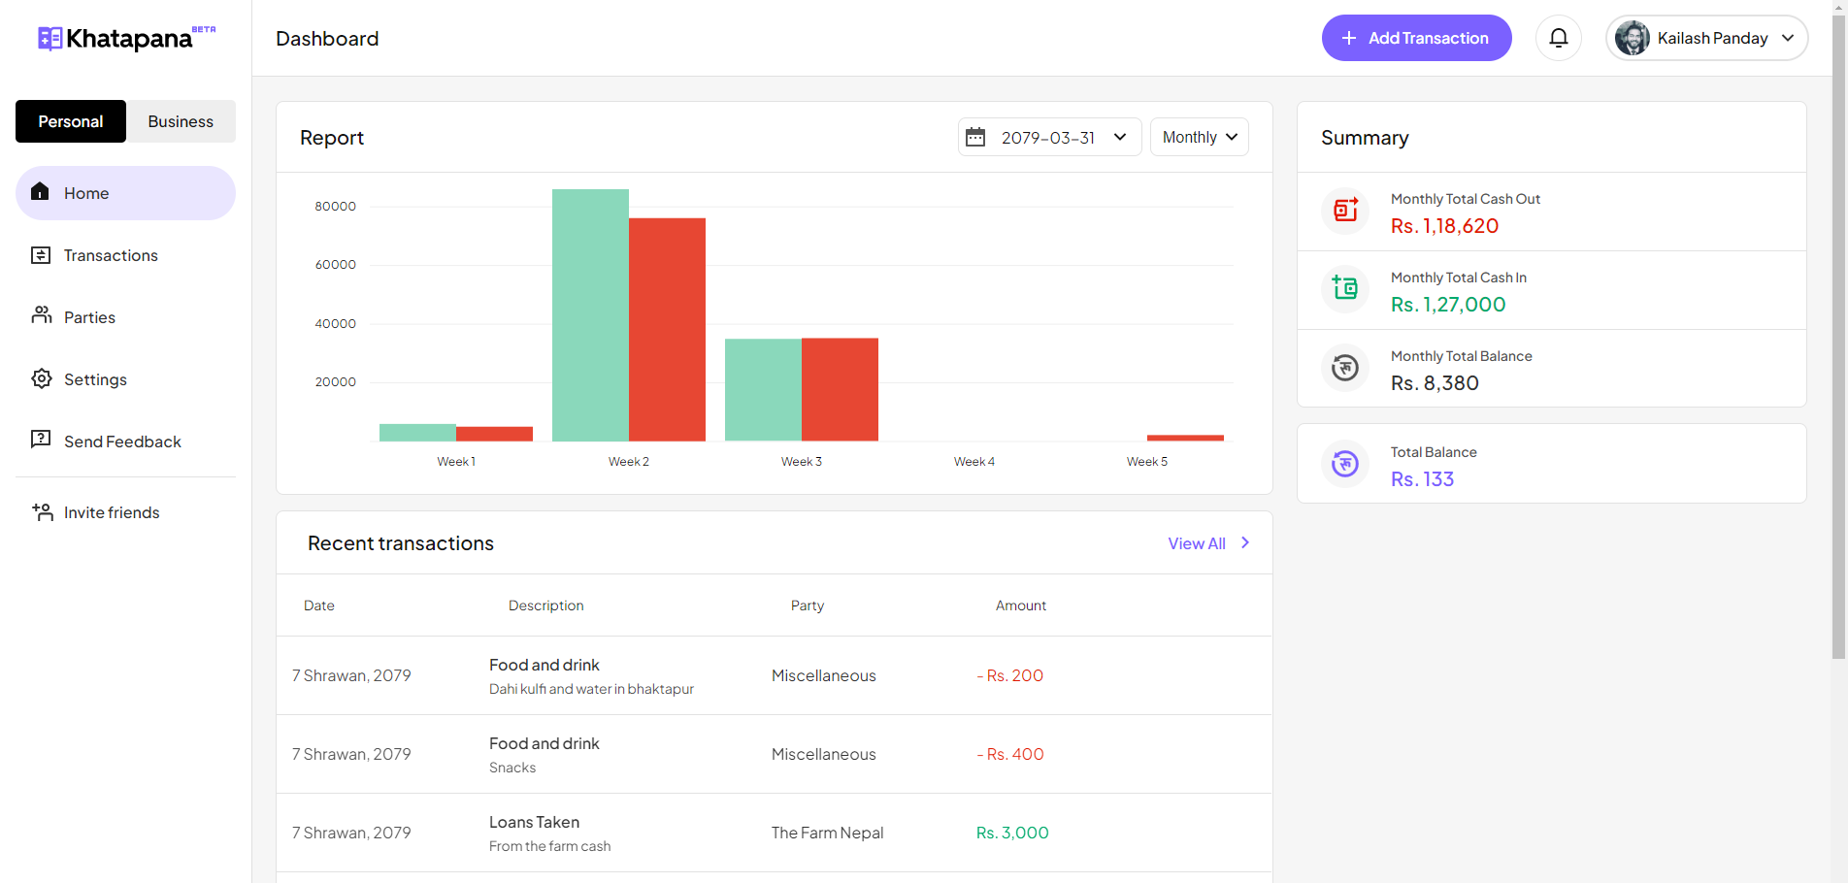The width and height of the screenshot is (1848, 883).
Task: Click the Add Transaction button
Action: click(1416, 38)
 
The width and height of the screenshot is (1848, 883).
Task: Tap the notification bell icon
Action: click(1559, 38)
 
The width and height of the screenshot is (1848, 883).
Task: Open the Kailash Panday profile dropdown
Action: click(1706, 38)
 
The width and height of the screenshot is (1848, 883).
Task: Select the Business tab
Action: click(181, 121)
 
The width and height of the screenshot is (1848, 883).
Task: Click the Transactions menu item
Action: click(110, 255)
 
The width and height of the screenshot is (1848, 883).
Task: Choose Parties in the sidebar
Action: click(89, 317)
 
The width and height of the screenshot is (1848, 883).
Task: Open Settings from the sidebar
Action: click(95, 379)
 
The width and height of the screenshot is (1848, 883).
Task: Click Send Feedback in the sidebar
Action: click(122, 441)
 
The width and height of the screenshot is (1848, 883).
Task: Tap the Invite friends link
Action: click(112, 512)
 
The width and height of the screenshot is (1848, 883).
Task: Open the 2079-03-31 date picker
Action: click(1049, 137)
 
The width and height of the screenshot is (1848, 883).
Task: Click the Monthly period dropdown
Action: click(1199, 137)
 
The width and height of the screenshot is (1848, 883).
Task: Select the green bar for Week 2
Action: click(590, 315)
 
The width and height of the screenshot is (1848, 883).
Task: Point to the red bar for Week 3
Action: click(840, 389)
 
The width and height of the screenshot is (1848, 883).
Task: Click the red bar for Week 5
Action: click(1185, 438)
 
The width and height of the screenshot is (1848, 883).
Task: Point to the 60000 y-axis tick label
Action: click(336, 265)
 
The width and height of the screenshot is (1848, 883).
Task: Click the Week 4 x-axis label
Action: click(973, 462)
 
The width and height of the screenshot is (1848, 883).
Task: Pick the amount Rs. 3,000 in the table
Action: click(1012, 833)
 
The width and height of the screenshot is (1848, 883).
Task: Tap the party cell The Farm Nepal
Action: click(827, 833)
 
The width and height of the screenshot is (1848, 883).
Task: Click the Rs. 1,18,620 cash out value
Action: click(1444, 226)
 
